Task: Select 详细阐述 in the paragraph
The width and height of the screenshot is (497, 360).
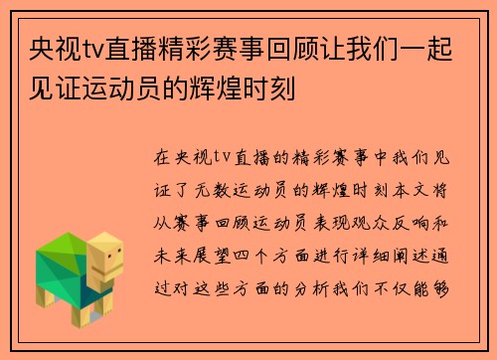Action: [394, 254]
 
